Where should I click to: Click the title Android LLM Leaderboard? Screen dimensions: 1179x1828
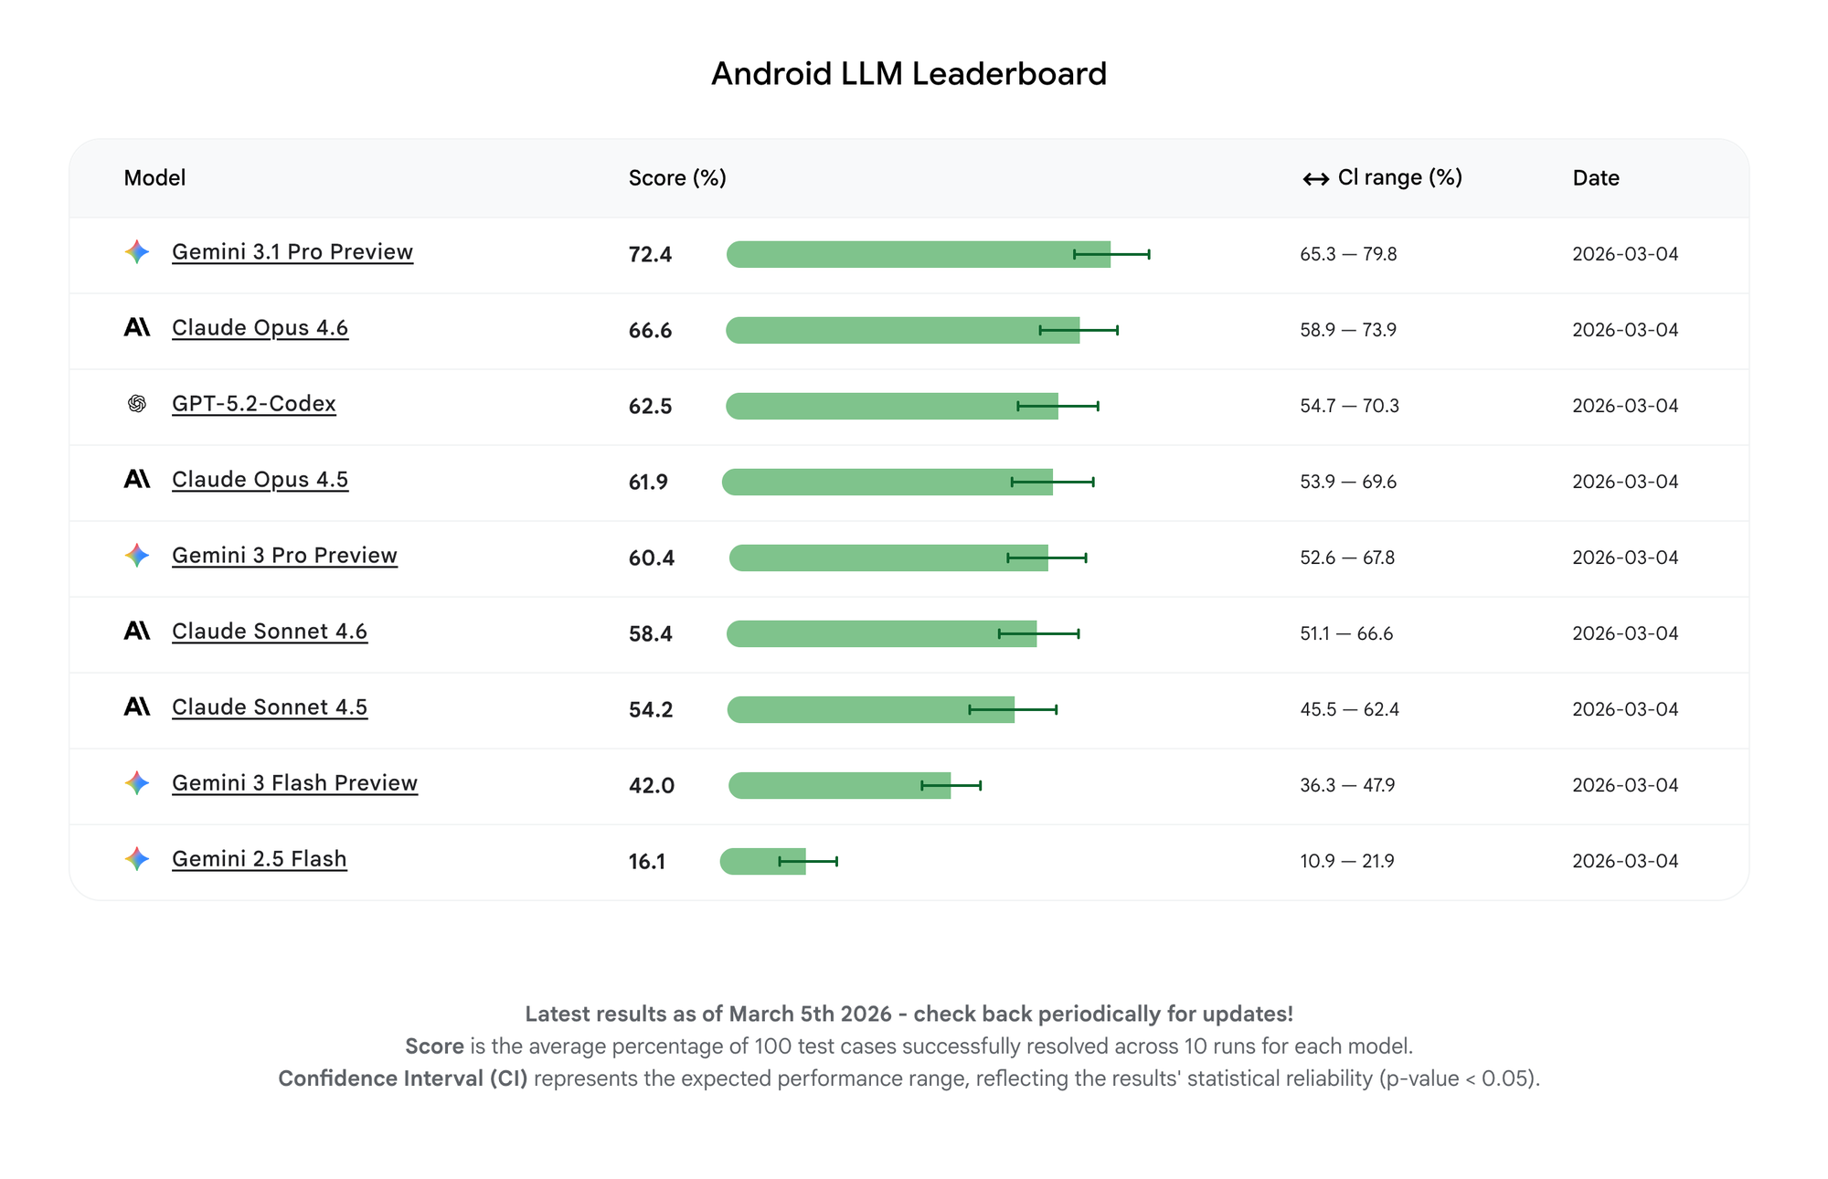pos(909,74)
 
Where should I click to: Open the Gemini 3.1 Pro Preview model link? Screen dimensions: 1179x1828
pos(292,252)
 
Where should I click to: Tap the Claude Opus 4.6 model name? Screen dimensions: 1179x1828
pos(260,328)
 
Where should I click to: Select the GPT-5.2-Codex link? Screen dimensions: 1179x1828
pos(254,404)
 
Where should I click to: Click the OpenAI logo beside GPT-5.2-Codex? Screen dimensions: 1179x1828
pos(137,404)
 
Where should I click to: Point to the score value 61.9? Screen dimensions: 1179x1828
pos(648,482)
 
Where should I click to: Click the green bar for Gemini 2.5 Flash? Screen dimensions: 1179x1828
pos(762,861)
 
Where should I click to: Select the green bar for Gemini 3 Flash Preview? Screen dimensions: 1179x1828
pos(838,785)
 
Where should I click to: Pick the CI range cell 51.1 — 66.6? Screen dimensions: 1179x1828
pos(1346,633)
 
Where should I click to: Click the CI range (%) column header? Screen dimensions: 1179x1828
pos(1399,177)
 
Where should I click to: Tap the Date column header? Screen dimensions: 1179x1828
pos(1596,178)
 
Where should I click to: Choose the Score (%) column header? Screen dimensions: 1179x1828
pos(677,178)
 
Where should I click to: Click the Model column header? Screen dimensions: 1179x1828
pos(154,178)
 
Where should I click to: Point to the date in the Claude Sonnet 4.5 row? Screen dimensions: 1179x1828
pos(1625,709)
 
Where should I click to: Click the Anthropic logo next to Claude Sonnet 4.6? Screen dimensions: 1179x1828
pos(137,631)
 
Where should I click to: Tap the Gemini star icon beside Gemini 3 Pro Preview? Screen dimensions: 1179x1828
pos(137,555)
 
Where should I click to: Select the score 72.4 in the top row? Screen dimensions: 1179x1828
pos(650,254)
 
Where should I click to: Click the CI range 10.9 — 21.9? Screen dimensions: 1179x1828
pos(1346,861)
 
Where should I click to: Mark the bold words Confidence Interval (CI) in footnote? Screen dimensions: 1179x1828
pos(402,1078)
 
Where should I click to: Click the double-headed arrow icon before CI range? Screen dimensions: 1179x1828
pos(1315,179)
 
